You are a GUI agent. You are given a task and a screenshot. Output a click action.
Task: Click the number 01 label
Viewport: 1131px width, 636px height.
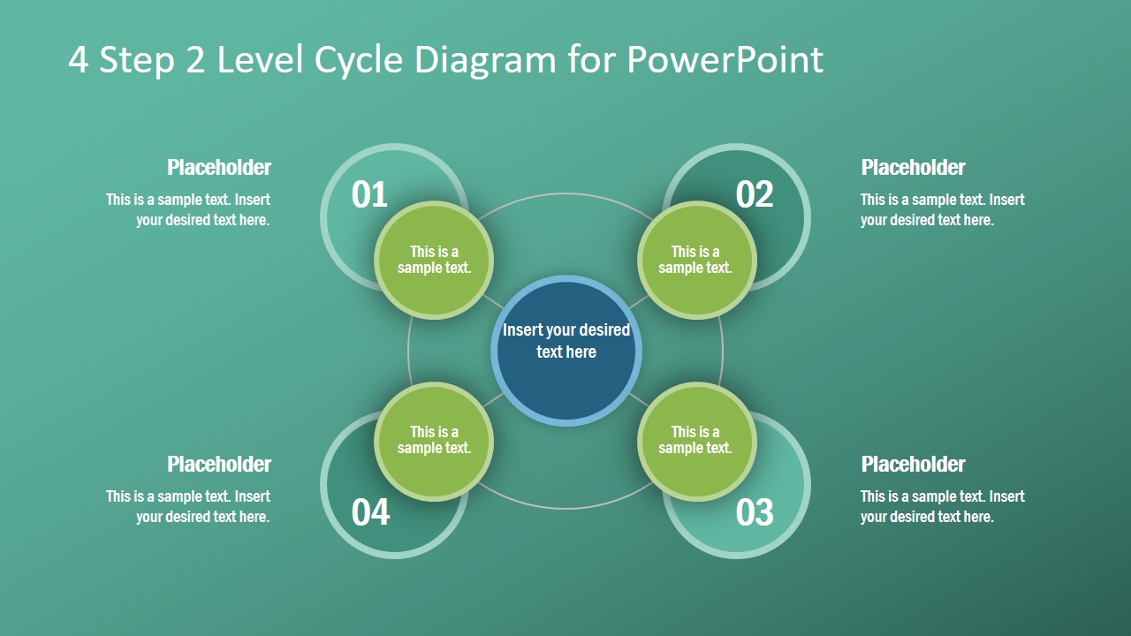(369, 195)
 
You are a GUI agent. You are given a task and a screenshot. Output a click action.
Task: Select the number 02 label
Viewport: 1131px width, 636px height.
(755, 195)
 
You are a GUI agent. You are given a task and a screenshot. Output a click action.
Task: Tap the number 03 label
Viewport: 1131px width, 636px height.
(755, 512)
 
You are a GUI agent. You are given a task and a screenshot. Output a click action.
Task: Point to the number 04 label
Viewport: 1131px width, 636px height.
(370, 512)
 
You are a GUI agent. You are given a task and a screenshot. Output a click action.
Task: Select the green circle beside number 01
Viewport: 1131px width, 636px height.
(434, 260)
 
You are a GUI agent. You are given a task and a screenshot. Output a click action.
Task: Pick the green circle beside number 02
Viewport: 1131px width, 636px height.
(696, 260)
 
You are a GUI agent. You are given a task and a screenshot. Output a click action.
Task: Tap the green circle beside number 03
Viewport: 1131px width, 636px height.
(696, 441)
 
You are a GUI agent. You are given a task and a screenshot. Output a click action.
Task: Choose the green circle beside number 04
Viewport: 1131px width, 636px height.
(434, 441)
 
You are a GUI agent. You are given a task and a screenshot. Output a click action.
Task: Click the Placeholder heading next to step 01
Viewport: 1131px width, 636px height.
(219, 168)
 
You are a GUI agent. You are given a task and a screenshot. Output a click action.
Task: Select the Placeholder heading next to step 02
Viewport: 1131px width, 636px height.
(913, 168)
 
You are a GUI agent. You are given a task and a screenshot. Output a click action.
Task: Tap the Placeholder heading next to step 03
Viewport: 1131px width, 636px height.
(913, 465)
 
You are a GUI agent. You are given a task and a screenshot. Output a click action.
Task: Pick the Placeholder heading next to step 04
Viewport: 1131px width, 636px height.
(219, 465)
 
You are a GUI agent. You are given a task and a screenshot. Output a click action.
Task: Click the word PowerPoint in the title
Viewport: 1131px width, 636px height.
(725, 60)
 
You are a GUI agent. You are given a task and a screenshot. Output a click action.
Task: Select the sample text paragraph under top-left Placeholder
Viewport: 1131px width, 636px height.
(188, 210)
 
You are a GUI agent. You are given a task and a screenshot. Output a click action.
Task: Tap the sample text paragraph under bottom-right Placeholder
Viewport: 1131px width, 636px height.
(942, 507)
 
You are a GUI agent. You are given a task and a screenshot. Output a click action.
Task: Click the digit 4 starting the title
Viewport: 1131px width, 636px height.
(79, 60)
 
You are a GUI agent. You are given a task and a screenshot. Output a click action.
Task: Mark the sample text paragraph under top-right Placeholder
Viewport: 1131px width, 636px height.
(942, 210)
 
